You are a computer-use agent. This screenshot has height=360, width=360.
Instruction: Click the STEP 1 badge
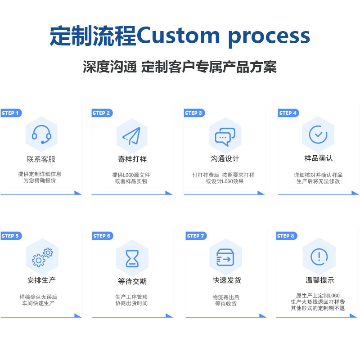[10, 113]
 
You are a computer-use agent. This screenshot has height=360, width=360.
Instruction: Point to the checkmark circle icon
[318, 134]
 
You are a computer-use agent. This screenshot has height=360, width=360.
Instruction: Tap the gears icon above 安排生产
[42, 256]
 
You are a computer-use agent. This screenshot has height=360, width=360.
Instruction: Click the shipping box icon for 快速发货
[225, 257]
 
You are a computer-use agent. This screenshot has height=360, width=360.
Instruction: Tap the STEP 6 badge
[102, 236]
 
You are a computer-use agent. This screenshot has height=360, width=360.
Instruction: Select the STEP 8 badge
[286, 236]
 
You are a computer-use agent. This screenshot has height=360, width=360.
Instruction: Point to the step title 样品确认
[318, 158]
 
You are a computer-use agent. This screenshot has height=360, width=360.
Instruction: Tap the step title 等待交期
[132, 281]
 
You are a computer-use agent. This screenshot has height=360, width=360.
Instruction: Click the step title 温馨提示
[319, 280]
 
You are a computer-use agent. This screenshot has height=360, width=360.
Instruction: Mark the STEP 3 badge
[194, 113]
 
